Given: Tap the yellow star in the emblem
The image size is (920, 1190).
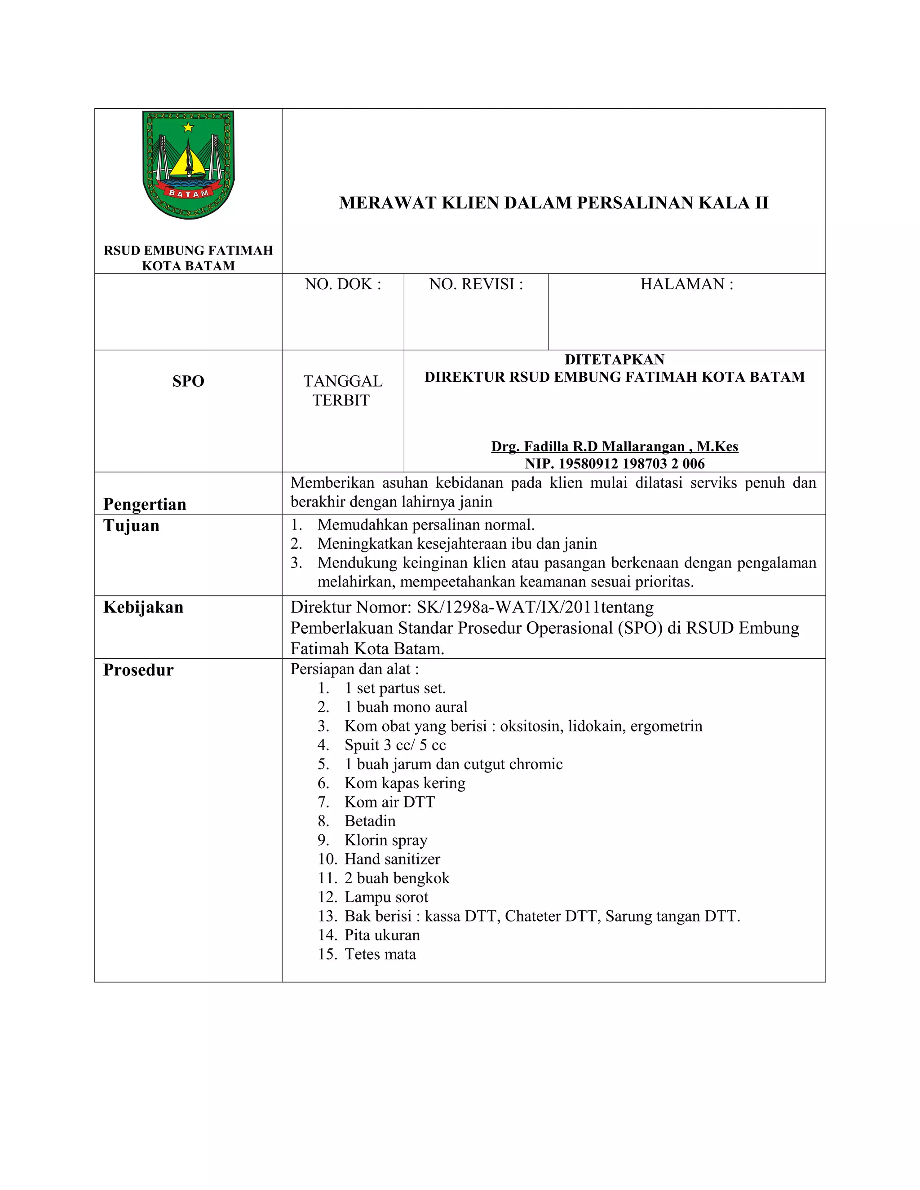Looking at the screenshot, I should point(188,127).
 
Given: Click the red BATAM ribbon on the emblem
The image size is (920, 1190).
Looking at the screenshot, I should point(188,192).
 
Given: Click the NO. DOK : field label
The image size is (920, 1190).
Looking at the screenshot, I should point(343,284).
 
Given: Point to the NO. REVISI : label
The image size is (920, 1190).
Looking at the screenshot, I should point(476,284).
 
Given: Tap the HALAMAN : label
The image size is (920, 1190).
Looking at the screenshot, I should point(686,284).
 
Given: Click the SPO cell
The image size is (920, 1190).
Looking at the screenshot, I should point(188,381).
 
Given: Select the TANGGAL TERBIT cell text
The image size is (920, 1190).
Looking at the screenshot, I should point(343,390).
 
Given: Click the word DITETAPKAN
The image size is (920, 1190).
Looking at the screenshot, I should point(614,360).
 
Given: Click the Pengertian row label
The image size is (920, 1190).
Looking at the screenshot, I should point(145,504).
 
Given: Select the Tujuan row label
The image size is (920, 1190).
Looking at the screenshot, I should point(131,526).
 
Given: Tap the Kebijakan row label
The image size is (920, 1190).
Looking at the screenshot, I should point(143,607).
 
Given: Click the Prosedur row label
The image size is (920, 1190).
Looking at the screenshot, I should point(138,670).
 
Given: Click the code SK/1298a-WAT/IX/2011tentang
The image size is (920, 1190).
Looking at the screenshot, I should point(535,607).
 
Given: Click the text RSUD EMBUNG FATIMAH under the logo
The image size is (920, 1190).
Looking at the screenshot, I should point(188,250).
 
